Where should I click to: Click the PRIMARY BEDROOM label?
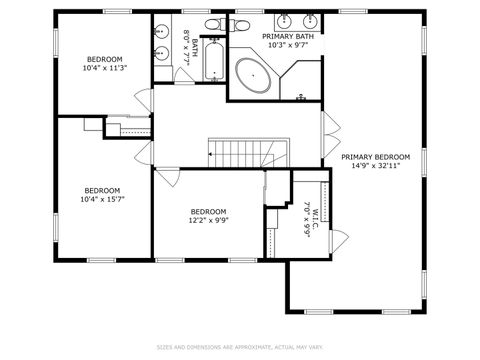pos(375,157)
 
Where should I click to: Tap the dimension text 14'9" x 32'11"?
pos(375,167)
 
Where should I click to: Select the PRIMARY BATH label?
pos(288,36)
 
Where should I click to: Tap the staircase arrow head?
pos(211,154)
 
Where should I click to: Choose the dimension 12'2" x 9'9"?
pos(208,222)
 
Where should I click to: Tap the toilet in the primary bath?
pos(301,96)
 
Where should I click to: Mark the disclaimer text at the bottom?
pos(240,348)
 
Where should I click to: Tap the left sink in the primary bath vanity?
pos(284,20)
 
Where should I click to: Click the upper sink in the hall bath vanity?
pos(160,31)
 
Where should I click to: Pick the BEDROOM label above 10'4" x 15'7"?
pos(102,190)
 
